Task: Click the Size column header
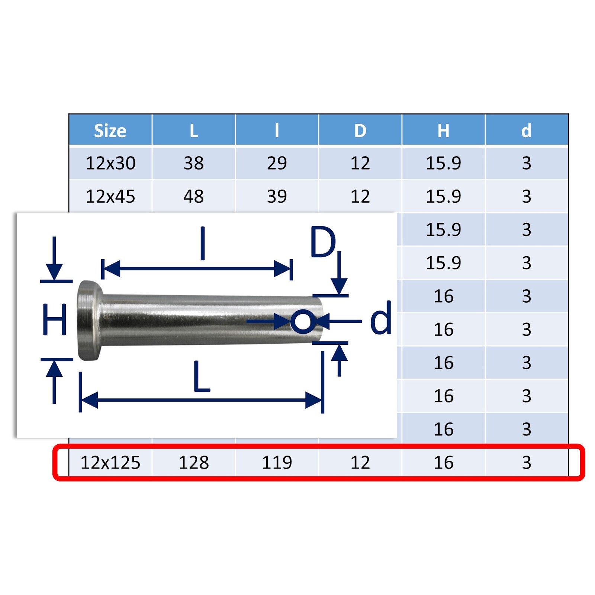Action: click(110, 130)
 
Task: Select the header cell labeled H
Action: click(443, 130)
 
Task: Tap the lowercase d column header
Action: click(527, 130)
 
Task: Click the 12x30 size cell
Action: click(110, 163)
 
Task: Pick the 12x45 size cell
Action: click(110, 196)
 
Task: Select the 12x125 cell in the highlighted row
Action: click(110, 463)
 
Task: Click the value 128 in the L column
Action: click(194, 463)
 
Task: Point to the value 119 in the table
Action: click(277, 463)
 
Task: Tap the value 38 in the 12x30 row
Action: click(194, 163)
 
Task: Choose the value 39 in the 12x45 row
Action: click(277, 196)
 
